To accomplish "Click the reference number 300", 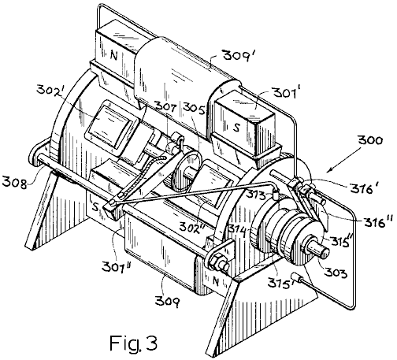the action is (x=370, y=140).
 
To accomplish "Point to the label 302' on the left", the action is (x=52, y=90).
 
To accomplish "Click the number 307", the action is (x=165, y=106).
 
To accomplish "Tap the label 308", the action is (x=14, y=183).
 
